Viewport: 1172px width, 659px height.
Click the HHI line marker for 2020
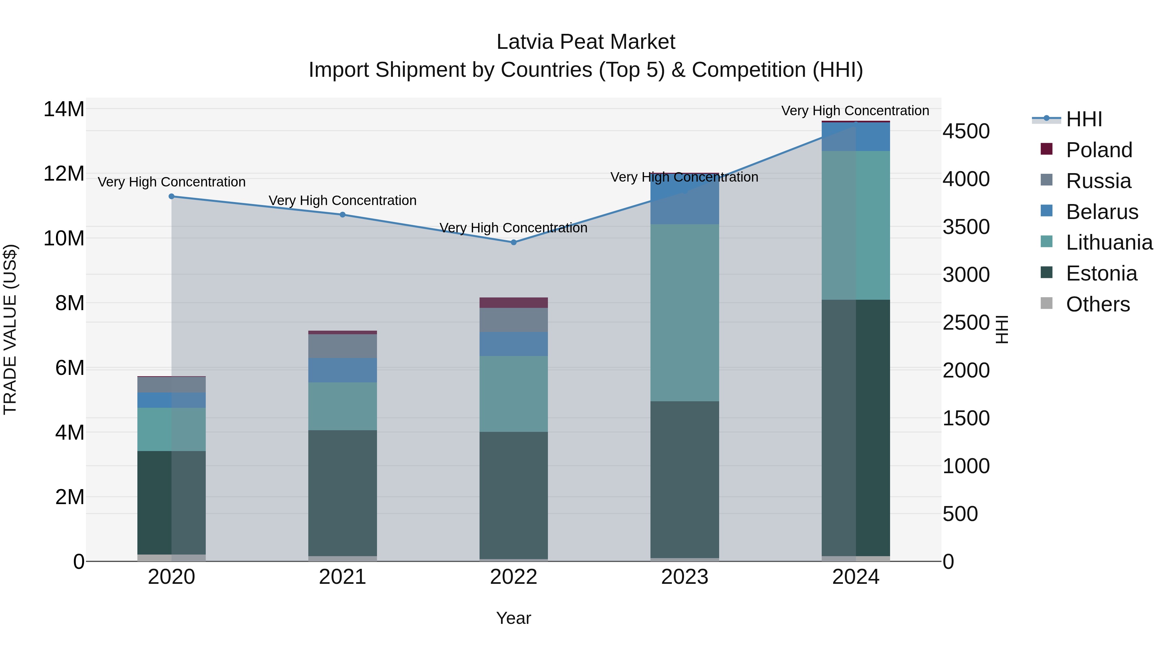click(x=172, y=197)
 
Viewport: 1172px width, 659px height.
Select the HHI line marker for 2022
click(x=514, y=242)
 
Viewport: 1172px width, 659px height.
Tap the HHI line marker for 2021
click(x=342, y=215)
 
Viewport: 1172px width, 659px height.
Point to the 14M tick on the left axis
click(x=64, y=110)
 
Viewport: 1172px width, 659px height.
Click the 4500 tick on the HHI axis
click(x=966, y=131)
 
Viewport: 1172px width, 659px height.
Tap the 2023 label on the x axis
click(x=684, y=577)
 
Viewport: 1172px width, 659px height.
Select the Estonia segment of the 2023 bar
click(x=684, y=480)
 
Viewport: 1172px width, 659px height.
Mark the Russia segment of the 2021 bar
click(x=342, y=346)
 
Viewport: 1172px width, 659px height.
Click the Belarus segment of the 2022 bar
click(x=514, y=344)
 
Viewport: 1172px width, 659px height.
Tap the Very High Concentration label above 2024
click(x=855, y=111)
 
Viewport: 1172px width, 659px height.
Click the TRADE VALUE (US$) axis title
click(x=10, y=329)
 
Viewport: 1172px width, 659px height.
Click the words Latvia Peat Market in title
click(x=586, y=42)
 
